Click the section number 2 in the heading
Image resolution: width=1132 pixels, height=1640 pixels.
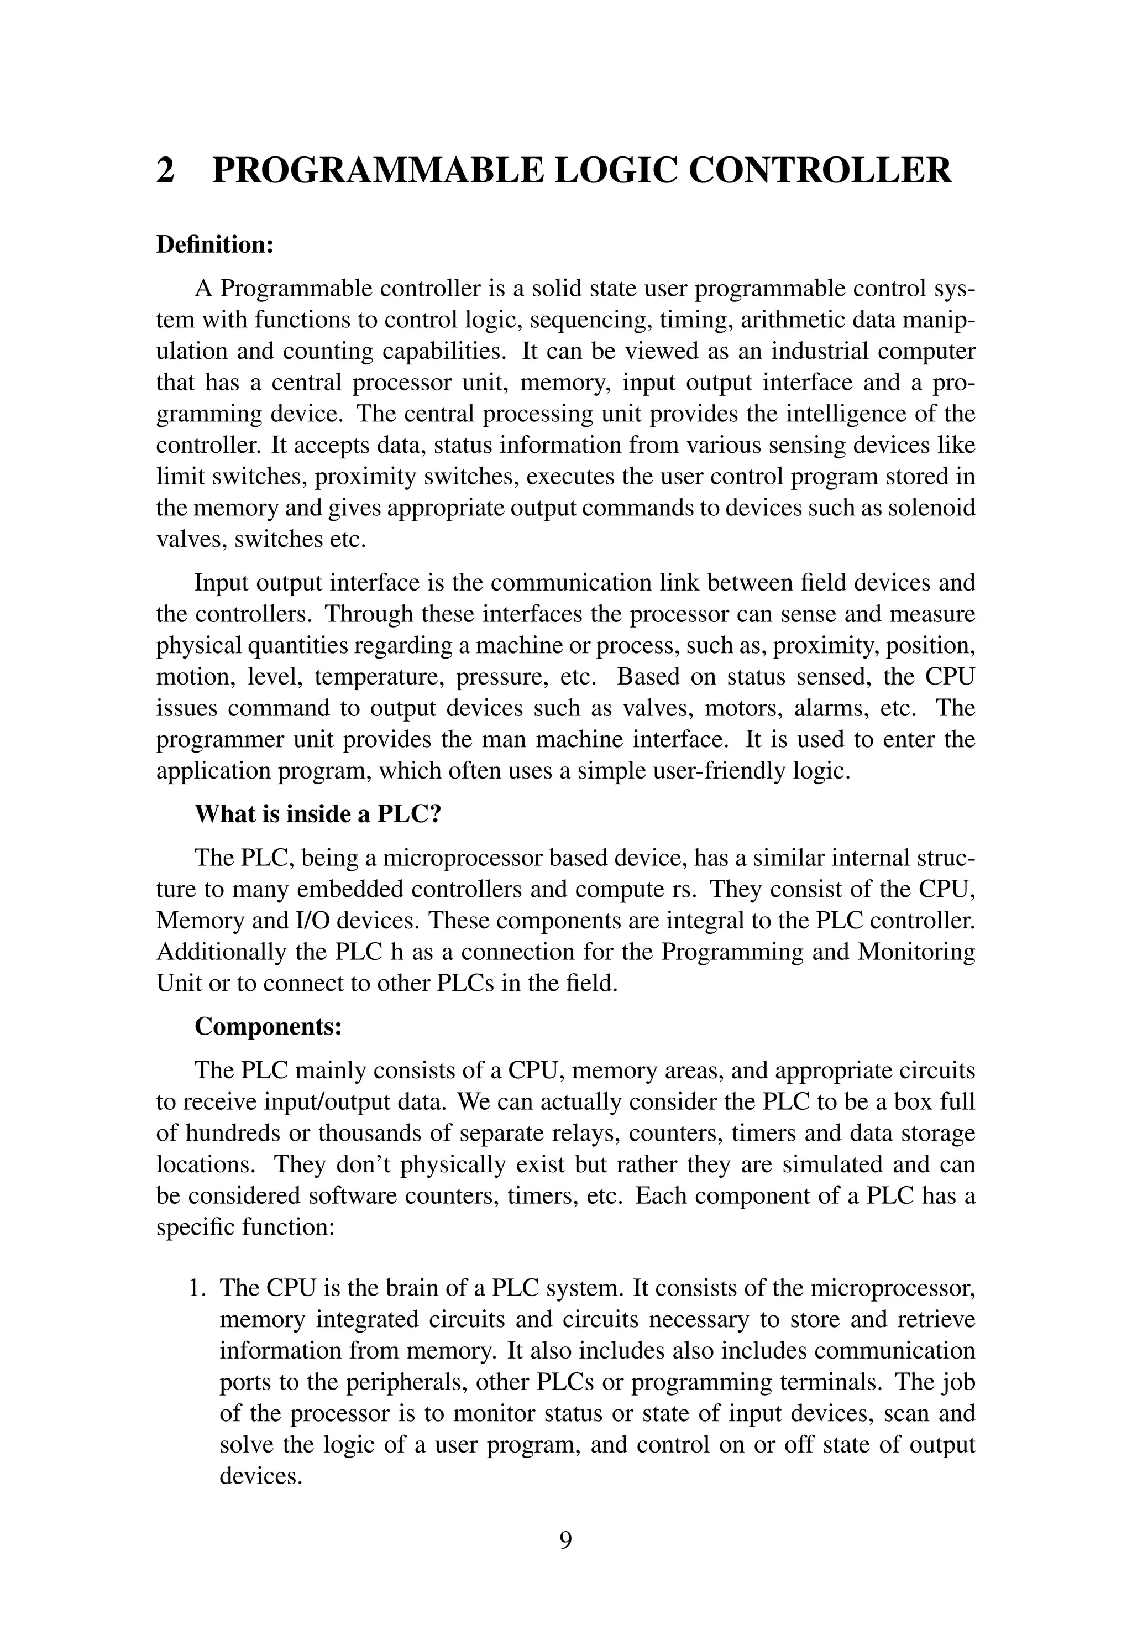pos(165,171)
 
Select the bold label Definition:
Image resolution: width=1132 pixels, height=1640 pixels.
pos(214,245)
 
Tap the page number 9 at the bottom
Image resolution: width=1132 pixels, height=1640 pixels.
pos(565,1539)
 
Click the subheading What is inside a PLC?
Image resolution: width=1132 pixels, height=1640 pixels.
pos(318,813)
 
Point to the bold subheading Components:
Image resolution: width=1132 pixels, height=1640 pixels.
pos(268,1026)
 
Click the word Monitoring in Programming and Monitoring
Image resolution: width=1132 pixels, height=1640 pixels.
pos(916,951)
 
